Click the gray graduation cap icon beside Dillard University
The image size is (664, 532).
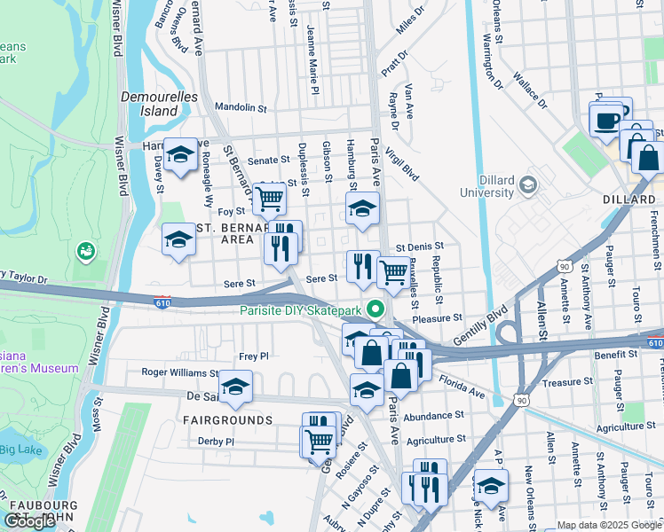tap(529, 184)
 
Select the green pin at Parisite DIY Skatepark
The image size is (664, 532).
tap(375, 309)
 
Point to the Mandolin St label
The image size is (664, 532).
tap(241, 108)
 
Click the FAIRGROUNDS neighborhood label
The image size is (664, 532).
tap(228, 419)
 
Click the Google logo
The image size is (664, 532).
tap(30, 521)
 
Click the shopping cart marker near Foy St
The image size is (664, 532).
tap(269, 199)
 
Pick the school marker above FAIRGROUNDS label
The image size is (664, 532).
tap(235, 387)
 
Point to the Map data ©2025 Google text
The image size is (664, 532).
tap(608, 525)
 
